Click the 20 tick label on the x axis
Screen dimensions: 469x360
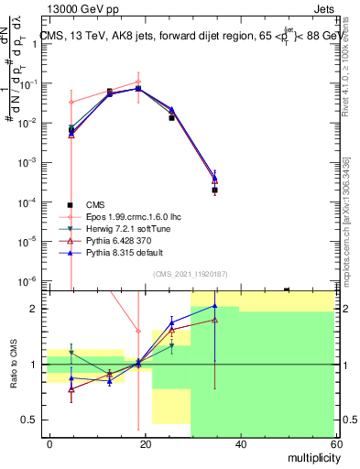(144, 442)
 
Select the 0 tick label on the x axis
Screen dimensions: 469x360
(49, 442)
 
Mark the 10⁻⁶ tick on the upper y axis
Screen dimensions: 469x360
(27, 280)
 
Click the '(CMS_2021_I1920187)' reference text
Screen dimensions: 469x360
(190, 273)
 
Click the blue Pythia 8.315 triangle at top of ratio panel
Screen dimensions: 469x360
(214, 306)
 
